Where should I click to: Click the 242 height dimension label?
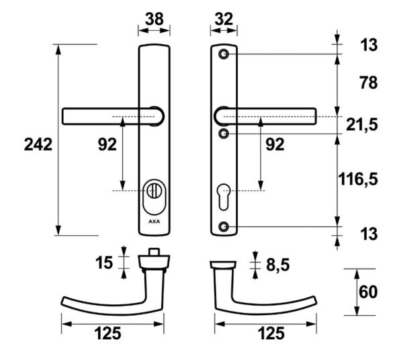pyautogui.click(x=38, y=144)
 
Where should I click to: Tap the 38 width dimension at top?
pyautogui.click(x=154, y=19)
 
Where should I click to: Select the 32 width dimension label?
pyautogui.click(x=224, y=19)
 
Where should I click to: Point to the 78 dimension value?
pyautogui.click(x=369, y=83)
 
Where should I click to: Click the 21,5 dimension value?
pyautogui.click(x=362, y=125)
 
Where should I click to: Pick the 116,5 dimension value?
pyautogui.click(x=358, y=179)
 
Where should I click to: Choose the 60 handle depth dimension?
pyautogui.click(x=368, y=292)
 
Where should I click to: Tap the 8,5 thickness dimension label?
pyautogui.click(x=278, y=265)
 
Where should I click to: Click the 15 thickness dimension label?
pyautogui.click(x=104, y=263)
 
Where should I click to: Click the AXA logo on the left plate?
pyautogui.click(x=154, y=222)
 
